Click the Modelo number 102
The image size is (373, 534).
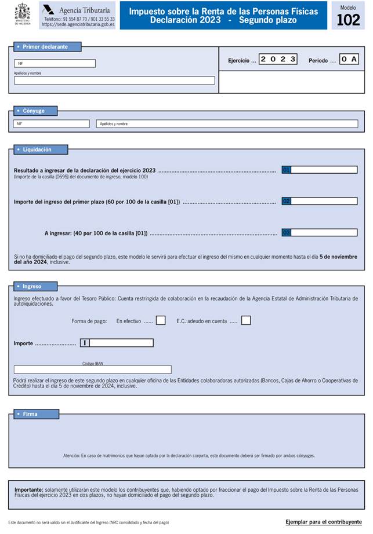(x=348, y=20)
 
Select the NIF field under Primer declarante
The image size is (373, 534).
(x=55, y=64)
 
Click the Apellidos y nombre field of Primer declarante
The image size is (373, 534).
(x=114, y=81)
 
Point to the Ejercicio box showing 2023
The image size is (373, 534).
(x=278, y=60)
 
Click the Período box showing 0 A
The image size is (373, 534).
(x=349, y=60)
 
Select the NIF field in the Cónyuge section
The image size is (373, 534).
(x=52, y=124)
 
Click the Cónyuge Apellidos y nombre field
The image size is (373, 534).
(x=227, y=124)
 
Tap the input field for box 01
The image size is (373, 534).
(x=324, y=170)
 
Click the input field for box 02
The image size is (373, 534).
(x=324, y=201)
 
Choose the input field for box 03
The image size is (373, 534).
(x=324, y=233)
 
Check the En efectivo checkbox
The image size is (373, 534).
(x=161, y=320)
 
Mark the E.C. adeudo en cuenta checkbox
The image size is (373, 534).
(x=246, y=320)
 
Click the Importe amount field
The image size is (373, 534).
(x=121, y=343)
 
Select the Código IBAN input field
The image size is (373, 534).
(x=93, y=370)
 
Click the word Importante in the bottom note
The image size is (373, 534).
(x=28, y=489)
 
